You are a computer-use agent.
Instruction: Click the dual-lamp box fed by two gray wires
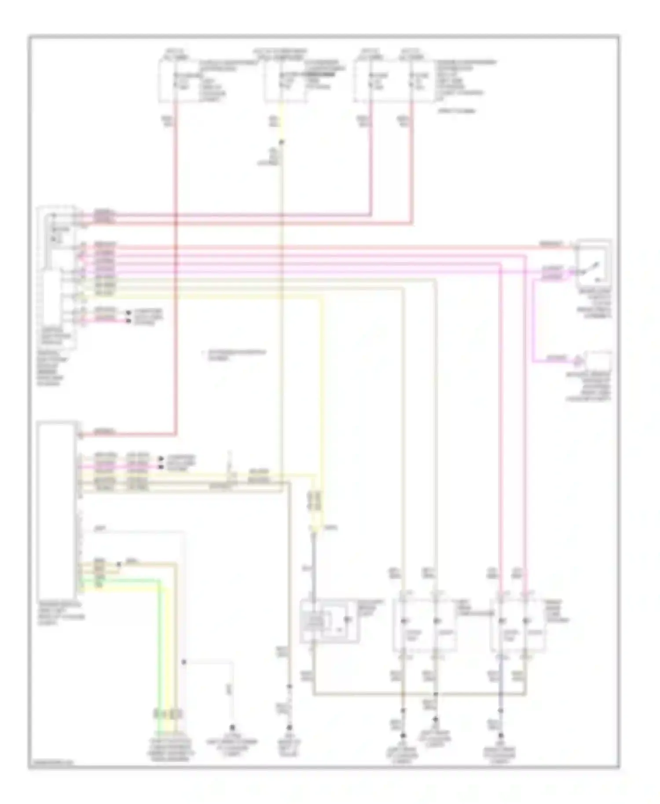tap(424, 625)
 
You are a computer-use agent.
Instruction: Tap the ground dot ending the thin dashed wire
tap(232, 728)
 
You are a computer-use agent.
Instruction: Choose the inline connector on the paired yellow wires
tap(316, 501)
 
